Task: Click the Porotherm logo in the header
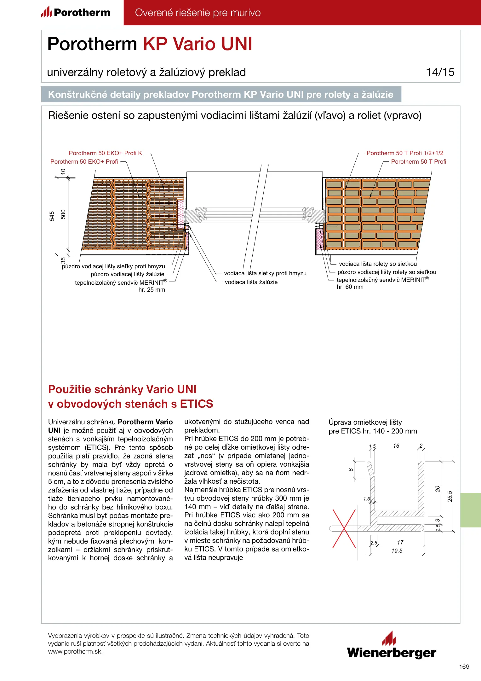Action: [76, 13]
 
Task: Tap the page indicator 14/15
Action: [440, 72]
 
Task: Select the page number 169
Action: [464, 666]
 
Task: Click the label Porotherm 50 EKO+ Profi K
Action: [106, 153]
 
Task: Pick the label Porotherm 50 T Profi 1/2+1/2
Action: [405, 153]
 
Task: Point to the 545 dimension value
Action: [52, 216]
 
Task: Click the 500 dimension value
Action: [63, 214]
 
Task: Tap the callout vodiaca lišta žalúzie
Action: [251, 282]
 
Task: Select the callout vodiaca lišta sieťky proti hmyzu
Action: [265, 273]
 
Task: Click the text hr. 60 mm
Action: [350, 287]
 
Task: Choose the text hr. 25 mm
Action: [152, 290]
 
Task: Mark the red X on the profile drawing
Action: [344, 528]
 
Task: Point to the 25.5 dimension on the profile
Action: [450, 496]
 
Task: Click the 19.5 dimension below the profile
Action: [397, 551]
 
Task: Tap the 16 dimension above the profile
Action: [396, 446]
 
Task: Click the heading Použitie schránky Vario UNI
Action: [122, 389]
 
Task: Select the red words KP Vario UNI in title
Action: [198, 44]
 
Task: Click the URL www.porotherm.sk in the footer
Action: [75, 651]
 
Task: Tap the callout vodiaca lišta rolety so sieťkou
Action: [378, 264]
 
